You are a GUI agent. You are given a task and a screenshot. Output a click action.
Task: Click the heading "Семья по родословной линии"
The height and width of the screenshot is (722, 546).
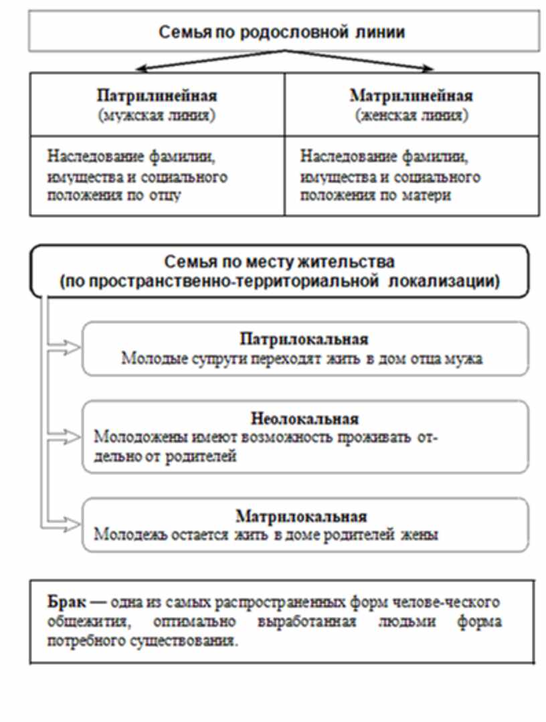point(282,31)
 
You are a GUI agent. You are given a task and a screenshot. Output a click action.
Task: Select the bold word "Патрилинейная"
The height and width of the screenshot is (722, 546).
point(157,95)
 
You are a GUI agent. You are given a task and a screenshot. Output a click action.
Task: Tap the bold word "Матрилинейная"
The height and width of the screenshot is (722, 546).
point(411,95)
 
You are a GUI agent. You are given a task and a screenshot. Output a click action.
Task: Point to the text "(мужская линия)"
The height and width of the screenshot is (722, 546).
point(157,114)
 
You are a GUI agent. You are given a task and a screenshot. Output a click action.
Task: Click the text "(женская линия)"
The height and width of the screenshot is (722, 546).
point(411,114)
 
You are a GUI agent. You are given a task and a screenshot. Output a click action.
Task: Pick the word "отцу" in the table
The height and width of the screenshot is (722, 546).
point(166,196)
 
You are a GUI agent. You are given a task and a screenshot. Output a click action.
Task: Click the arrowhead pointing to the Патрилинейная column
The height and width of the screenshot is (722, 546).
point(141,68)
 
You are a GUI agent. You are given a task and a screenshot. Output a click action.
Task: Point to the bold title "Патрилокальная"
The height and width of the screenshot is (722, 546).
point(304,339)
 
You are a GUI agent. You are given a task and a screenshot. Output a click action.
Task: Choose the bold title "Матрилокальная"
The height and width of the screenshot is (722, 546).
point(302,517)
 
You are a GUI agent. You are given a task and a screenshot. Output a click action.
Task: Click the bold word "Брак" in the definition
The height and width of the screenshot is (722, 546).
point(64,602)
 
